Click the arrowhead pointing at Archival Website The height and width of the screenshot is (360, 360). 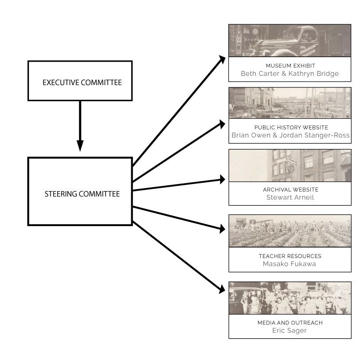point(222,180)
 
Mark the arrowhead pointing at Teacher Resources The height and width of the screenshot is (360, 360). point(222,229)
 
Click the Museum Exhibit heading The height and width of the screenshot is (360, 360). point(290,66)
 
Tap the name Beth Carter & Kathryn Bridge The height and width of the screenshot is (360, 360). point(290,74)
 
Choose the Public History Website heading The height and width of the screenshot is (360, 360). point(290,127)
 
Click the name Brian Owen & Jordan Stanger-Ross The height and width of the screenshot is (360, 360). point(290,135)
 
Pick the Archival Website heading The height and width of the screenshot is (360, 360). point(290,189)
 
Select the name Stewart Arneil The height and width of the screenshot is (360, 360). point(290,197)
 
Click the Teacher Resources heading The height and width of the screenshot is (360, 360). point(290,256)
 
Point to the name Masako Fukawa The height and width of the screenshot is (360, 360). point(290,264)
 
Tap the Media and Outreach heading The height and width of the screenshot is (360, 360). point(290,322)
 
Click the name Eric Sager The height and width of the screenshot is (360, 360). point(290,330)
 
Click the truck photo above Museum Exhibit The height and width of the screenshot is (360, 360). point(290,40)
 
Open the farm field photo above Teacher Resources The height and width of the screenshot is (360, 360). point(290,231)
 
